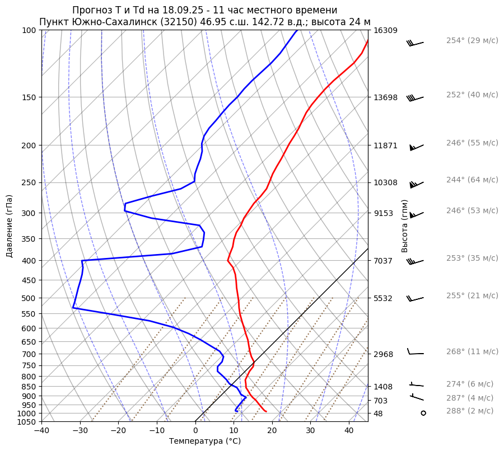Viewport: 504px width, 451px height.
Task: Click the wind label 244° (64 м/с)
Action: (x=472, y=180)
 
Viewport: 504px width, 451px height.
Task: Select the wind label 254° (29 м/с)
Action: (x=472, y=41)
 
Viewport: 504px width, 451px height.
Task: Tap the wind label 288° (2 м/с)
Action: (x=470, y=411)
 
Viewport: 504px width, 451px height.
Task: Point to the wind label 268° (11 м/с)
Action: (x=472, y=351)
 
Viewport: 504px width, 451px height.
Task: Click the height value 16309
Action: (x=385, y=30)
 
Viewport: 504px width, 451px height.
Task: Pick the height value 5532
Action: (x=384, y=298)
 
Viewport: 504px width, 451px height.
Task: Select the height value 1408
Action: (x=384, y=387)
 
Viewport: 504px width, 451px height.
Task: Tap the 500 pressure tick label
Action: (x=29, y=298)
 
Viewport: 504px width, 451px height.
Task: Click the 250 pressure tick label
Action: (x=29, y=182)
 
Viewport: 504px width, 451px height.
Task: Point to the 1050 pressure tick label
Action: (x=27, y=422)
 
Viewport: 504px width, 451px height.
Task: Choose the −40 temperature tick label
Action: (x=41, y=430)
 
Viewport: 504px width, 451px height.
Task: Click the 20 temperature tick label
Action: (x=272, y=430)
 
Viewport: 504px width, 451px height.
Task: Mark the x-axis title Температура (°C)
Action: (x=205, y=441)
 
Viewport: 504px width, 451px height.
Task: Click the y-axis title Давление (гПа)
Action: (x=10, y=226)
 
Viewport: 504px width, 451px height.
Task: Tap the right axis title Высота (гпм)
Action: (x=404, y=226)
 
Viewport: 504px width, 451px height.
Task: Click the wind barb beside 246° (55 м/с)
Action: (x=416, y=147)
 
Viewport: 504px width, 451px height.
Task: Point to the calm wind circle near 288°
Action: (x=423, y=413)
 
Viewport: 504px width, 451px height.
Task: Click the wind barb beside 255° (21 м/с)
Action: (x=415, y=298)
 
